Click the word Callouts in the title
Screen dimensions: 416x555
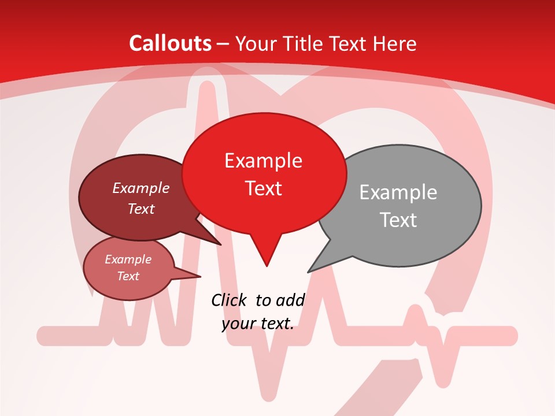point(170,43)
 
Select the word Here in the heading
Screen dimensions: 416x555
point(396,43)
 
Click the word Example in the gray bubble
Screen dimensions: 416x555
point(398,192)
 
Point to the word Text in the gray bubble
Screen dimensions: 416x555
point(399,220)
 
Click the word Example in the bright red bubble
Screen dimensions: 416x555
point(264,161)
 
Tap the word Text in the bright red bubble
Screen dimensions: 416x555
point(264,188)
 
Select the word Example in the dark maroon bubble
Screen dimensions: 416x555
point(141,188)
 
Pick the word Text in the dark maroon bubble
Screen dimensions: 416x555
point(141,209)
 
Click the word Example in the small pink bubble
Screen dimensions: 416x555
point(128,259)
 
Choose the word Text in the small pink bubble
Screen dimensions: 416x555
point(128,276)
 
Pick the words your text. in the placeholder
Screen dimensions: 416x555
point(258,324)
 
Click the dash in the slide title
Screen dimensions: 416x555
point(224,44)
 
